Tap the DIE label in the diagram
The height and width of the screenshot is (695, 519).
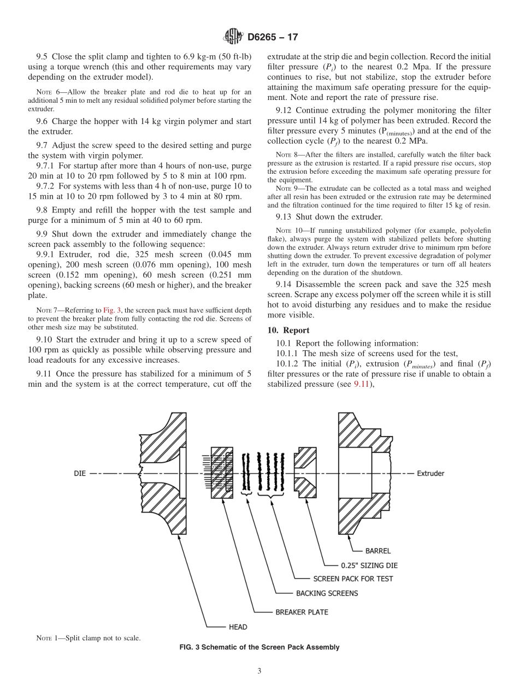pyautogui.click(x=80, y=473)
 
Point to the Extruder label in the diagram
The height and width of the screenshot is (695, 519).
pyautogui.click(x=430, y=473)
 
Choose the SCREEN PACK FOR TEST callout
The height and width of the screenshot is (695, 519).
pyautogui.click(x=352, y=579)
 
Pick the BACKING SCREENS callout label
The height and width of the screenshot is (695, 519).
pyautogui.click(x=327, y=593)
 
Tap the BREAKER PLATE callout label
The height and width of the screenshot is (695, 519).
pyautogui.click(x=302, y=612)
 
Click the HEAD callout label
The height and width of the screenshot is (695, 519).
pyautogui.click(x=238, y=627)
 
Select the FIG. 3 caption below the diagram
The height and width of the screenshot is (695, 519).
pyautogui.click(x=259, y=647)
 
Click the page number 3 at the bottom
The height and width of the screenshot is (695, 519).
pyautogui.click(x=259, y=671)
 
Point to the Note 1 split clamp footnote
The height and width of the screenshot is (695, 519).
pyautogui.click(x=88, y=638)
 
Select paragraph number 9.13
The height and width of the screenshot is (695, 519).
pyautogui.click(x=285, y=217)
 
